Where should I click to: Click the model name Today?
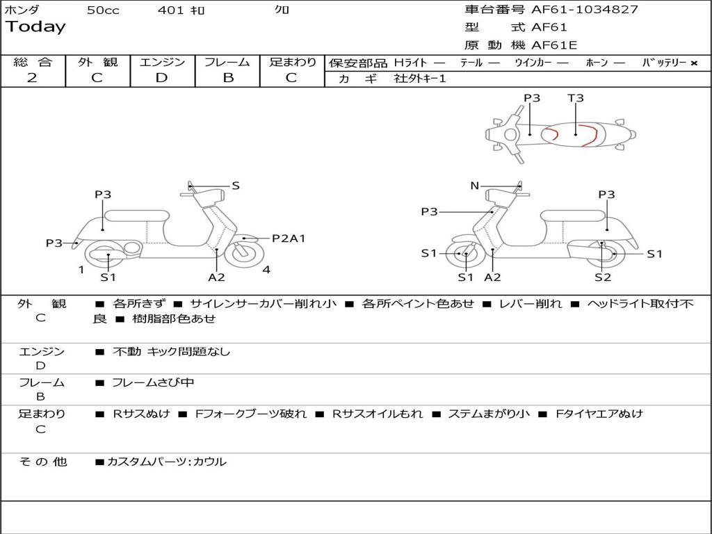coord(35,27)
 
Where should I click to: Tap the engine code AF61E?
coord(554,45)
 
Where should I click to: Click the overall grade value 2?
coord(32,77)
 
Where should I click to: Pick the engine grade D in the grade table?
coord(161,77)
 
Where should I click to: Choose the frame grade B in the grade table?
coord(228,77)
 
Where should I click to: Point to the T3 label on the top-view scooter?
coord(576,98)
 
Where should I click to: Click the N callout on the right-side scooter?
coord(475,186)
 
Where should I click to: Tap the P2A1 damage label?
coord(289,238)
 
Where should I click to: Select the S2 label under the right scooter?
coord(603,277)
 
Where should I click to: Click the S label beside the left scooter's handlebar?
coord(236,186)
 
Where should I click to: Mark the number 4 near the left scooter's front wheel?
coord(266,270)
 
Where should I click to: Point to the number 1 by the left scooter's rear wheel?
coord(81,270)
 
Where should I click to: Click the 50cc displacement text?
coord(103,10)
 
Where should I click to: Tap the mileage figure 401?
coord(171,10)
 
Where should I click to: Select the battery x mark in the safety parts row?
coord(693,63)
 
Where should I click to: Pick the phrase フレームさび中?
coord(153,382)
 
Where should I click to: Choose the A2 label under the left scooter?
coord(217,277)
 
